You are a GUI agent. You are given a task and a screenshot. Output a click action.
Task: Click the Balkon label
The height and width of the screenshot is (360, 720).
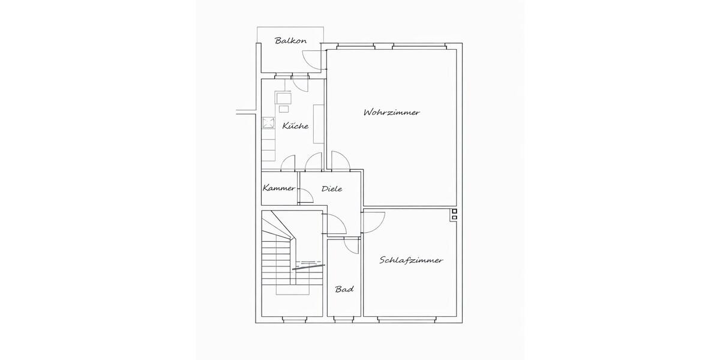(291, 41)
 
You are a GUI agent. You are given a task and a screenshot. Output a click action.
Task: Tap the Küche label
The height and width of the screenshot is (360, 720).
(295, 126)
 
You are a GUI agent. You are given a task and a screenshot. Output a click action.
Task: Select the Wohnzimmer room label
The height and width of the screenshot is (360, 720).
(391, 112)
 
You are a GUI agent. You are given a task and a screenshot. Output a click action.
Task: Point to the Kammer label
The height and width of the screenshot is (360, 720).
(279, 188)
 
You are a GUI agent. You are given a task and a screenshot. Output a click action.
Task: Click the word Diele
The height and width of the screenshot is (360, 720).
(332, 188)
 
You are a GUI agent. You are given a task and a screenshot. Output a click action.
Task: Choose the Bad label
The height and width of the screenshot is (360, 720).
(344, 289)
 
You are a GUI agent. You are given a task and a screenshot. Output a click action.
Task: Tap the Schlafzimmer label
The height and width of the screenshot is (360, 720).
(411, 260)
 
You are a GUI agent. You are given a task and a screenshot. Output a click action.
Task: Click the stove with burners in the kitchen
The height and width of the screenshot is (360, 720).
(268, 124)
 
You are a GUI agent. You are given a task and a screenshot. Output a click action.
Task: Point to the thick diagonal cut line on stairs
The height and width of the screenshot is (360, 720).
(308, 267)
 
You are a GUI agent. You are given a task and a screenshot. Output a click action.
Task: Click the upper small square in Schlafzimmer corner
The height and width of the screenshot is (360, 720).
(454, 212)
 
